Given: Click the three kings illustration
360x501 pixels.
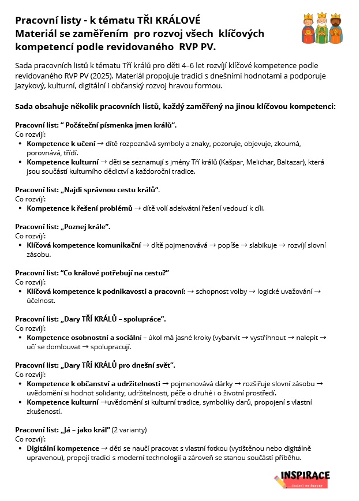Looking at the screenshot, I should point(324,28).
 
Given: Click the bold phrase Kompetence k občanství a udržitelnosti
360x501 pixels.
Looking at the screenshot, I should point(94,383).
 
